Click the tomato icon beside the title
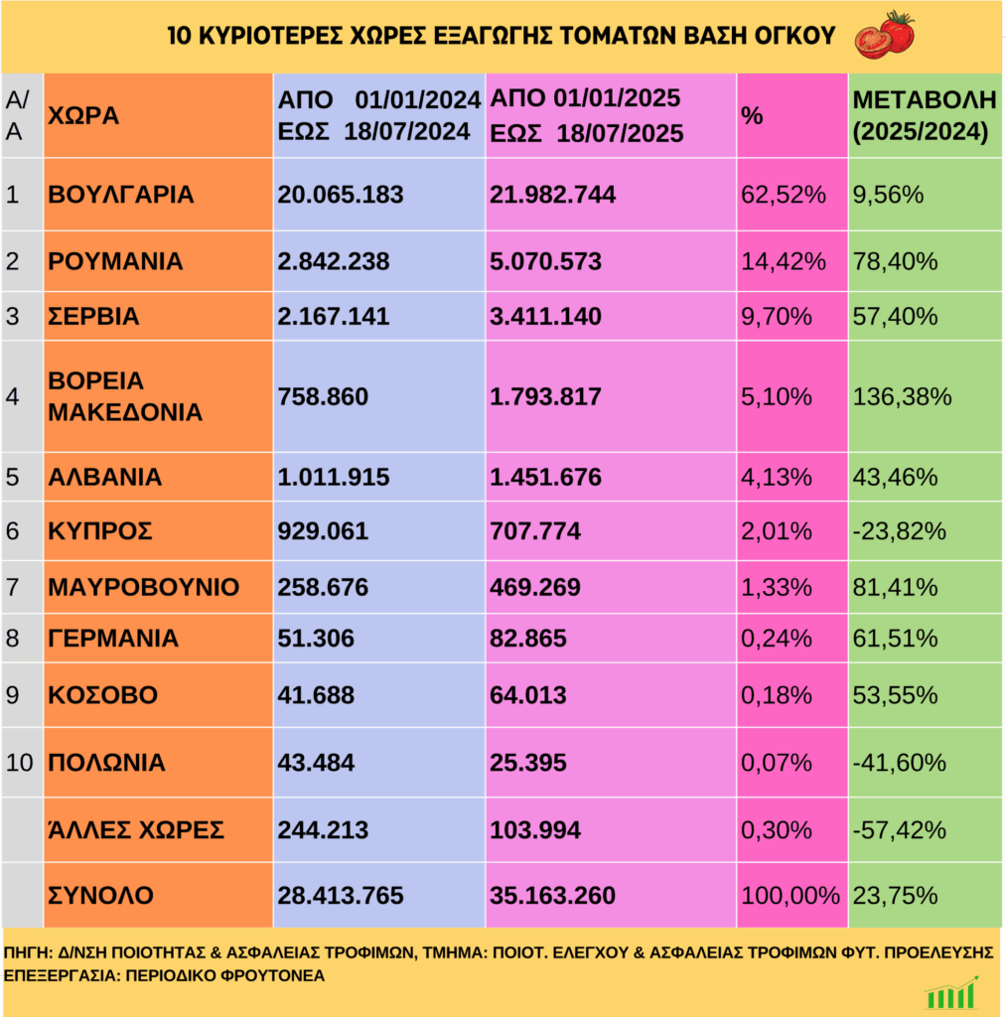pyautogui.click(x=884, y=34)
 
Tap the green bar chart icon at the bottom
pyautogui.click(x=951, y=994)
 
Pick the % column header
pyautogui.click(x=752, y=115)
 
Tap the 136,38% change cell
pyautogui.click(x=902, y=397)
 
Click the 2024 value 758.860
pyautogui.click(x=323, y=397)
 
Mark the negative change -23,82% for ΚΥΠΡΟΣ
pyautogui.click(x=899, y=531)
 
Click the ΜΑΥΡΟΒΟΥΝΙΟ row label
pyautogui.click(x=143, y=587)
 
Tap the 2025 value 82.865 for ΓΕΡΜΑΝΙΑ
pyautogui.click(x=527, y=639)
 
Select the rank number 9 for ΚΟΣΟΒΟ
pyautogui.click(x=13, y=695)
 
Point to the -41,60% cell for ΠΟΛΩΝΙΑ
pyautogui.click(x=898, y=763)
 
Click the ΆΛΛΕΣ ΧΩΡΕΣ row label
pyautogui.click(x=136, y=829)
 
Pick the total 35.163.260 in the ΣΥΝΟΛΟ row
pyautogui.click(x=552, y=896)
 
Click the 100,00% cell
pyautogui.click(x=790, y=896)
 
